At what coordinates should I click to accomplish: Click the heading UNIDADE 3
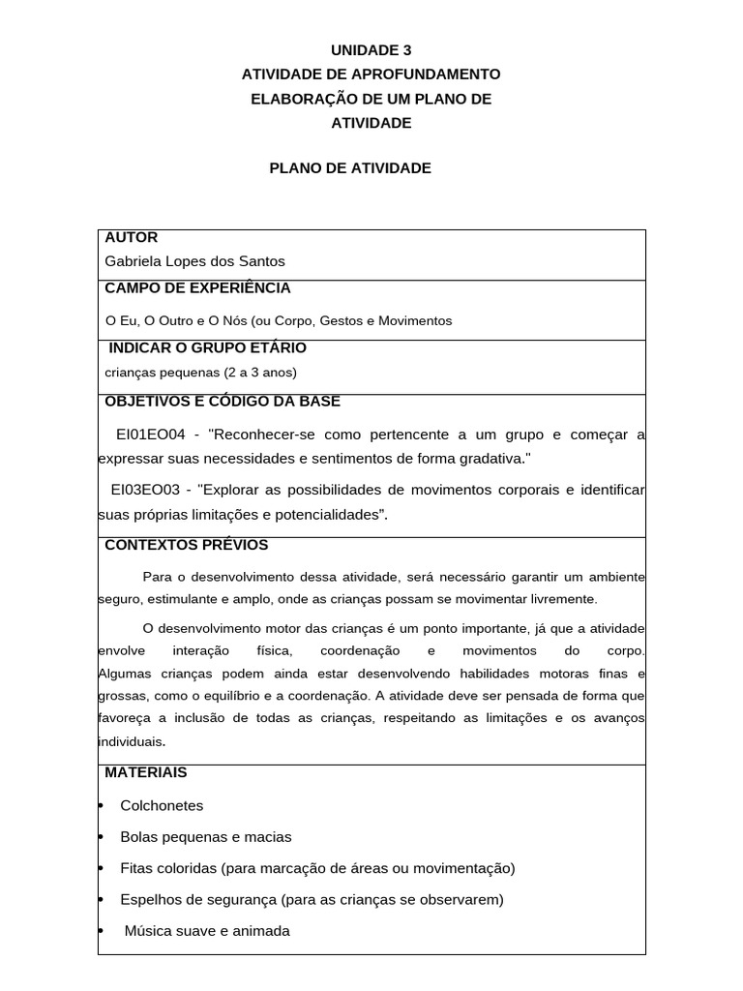click(x=371, y=50)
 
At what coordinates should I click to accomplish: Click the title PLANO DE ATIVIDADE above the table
click(x=349, y=168)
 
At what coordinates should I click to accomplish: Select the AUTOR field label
click(x=131, y=238)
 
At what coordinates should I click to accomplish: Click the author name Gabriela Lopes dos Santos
click(x=194, y=261)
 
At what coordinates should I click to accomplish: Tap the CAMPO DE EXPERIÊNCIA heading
click(x=197, y=288)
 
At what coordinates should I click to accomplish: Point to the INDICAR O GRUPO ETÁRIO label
click(x=208, y=347)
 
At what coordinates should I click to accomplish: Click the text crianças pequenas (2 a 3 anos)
click(x=200, y=373)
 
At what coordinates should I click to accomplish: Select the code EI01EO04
click(x=150, y=434)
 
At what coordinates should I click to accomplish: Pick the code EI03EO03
click(x=145, y=490)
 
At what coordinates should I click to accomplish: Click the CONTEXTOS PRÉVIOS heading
click(x=186, y=545)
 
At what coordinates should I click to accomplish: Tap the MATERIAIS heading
click(x=145, y=772)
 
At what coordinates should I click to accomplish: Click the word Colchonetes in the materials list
click(x=162, y=805)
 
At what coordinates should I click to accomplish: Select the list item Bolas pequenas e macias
click(x=205, y=837)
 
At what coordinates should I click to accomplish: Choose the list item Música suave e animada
click(x=207, y=931)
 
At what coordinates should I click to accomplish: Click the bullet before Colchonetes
click(x=102, y=806)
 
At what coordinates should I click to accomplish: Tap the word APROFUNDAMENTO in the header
click(x=427, y=75)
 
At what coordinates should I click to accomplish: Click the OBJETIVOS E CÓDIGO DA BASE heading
click(x=222, y=402)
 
